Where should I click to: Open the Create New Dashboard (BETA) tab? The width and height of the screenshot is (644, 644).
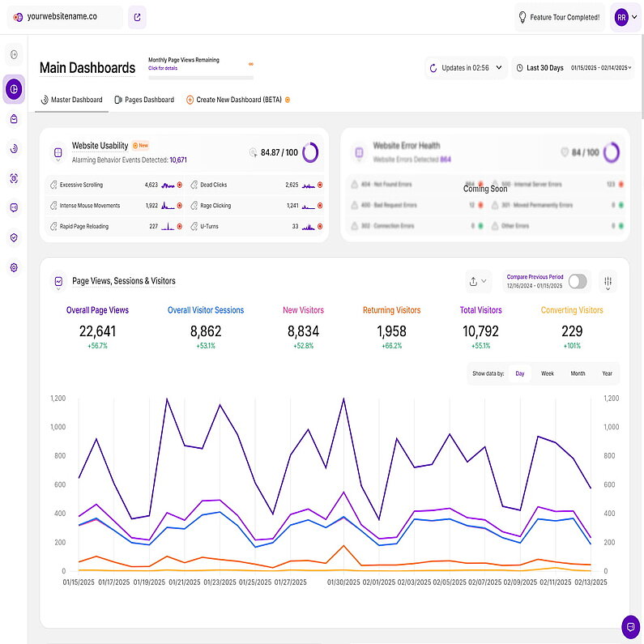coord(238,100)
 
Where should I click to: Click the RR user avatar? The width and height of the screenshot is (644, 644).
coord(621,17)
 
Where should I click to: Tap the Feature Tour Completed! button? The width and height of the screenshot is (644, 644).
coord(560,17)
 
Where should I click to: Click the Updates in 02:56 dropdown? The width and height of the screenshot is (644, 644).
coord(466,68)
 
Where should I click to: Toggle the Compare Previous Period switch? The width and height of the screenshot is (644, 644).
coord(578,281)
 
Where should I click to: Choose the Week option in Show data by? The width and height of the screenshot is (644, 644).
coord(548,373)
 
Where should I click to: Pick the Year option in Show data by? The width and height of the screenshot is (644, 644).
coord(607,373)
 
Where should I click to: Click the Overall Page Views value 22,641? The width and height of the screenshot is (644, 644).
coord(97,331)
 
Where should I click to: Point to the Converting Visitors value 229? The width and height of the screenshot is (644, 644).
coord(571,331)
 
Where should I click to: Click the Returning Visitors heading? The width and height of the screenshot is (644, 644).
coord(391,310)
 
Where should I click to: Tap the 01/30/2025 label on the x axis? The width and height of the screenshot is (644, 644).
coord(345,582)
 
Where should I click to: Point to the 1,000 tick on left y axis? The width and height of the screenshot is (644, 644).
coord(58,427)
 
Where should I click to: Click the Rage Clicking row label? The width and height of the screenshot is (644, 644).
coord(215,206)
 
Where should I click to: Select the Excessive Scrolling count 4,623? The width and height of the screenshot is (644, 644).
coord(151,185)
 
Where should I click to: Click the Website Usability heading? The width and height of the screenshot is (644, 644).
coord(100,146)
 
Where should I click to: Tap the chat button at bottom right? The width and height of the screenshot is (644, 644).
coord(629,626)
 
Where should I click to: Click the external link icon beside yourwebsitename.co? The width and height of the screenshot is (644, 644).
coord(137,17)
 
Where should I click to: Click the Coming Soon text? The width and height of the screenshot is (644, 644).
coord(485,189)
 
